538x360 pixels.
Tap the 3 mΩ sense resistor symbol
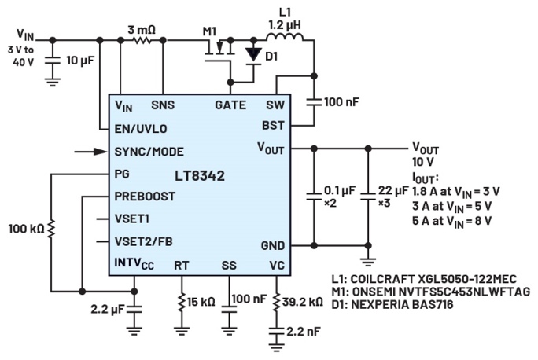click(141, 39)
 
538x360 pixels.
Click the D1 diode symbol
click(252, 55)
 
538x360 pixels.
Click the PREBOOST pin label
click(145, 197)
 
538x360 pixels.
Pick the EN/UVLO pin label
click(141, 127)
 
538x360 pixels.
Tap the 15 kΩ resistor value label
click(200, 302)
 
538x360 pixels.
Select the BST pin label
click(272, 125)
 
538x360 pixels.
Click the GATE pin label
click(230, 105)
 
